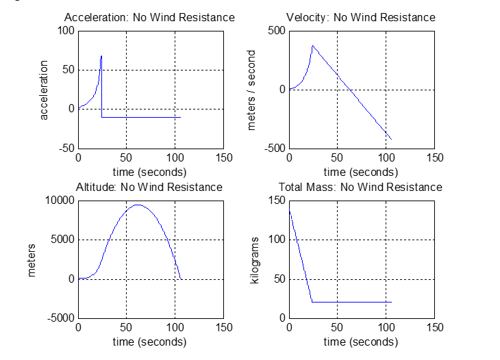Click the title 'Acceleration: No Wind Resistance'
(x=149, y=17)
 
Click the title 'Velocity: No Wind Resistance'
(x=361, y=17)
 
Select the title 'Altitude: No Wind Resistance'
(x=149, y=187)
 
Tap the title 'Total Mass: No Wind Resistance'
(x=360, y=187)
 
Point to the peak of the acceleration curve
(x=101, y=56)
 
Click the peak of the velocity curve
(x=312, y=46)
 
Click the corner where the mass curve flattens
(x=312, y=302)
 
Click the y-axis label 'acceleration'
(x=45, y=90)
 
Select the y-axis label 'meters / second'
(x=252, y=90)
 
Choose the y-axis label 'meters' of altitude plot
(x=31, y=259)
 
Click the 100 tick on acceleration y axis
(x=66, y=30)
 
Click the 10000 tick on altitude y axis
(x=60, y=201)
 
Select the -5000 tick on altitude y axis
(x=60, y=318)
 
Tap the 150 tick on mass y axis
(x=276, y=201)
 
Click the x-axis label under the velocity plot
(x=361, y=171)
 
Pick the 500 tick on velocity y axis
(x=275, y=30)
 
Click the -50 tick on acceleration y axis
(x=66, y=149)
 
